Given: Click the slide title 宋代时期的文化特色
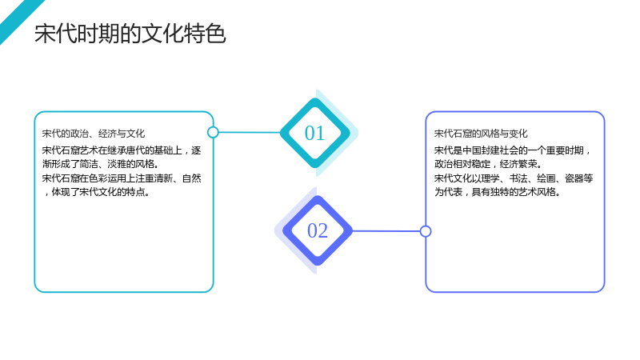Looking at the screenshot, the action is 130,33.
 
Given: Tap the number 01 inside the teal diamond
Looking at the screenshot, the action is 314,133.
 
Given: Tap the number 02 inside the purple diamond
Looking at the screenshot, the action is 318,230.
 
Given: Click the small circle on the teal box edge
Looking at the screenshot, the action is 213,132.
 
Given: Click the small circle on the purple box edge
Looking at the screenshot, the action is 426,231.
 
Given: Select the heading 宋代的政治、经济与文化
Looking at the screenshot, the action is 94,134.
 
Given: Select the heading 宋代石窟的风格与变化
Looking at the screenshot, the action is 481,134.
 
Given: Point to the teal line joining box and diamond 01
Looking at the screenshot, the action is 250,132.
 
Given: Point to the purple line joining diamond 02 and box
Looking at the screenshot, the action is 386,231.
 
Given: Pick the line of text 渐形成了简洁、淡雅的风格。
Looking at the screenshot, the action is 101,164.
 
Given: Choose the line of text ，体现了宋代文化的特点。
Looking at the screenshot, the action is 96,192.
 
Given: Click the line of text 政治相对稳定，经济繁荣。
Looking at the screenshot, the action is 488,164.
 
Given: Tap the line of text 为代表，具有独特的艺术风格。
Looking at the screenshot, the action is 497,192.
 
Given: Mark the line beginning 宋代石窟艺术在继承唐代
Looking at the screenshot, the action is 122,150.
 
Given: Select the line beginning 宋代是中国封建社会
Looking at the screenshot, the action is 513,150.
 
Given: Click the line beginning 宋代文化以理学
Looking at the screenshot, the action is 514,178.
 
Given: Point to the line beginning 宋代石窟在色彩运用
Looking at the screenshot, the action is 122,178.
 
